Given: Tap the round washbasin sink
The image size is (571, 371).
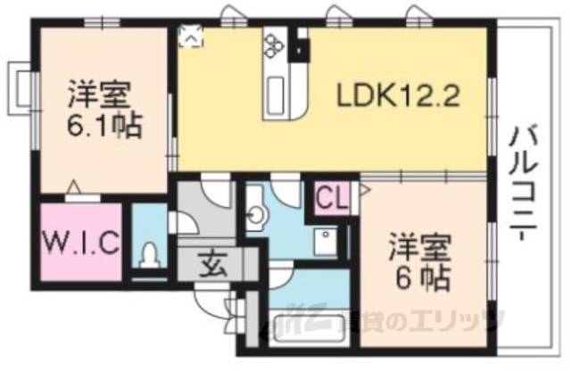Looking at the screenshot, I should [x=258, y=215].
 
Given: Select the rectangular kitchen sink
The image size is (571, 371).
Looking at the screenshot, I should [x=274, y=93].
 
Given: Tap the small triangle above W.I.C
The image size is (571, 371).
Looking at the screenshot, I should [x=75, y=189].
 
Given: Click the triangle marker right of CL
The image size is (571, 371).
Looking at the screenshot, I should [x=364, y=190].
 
